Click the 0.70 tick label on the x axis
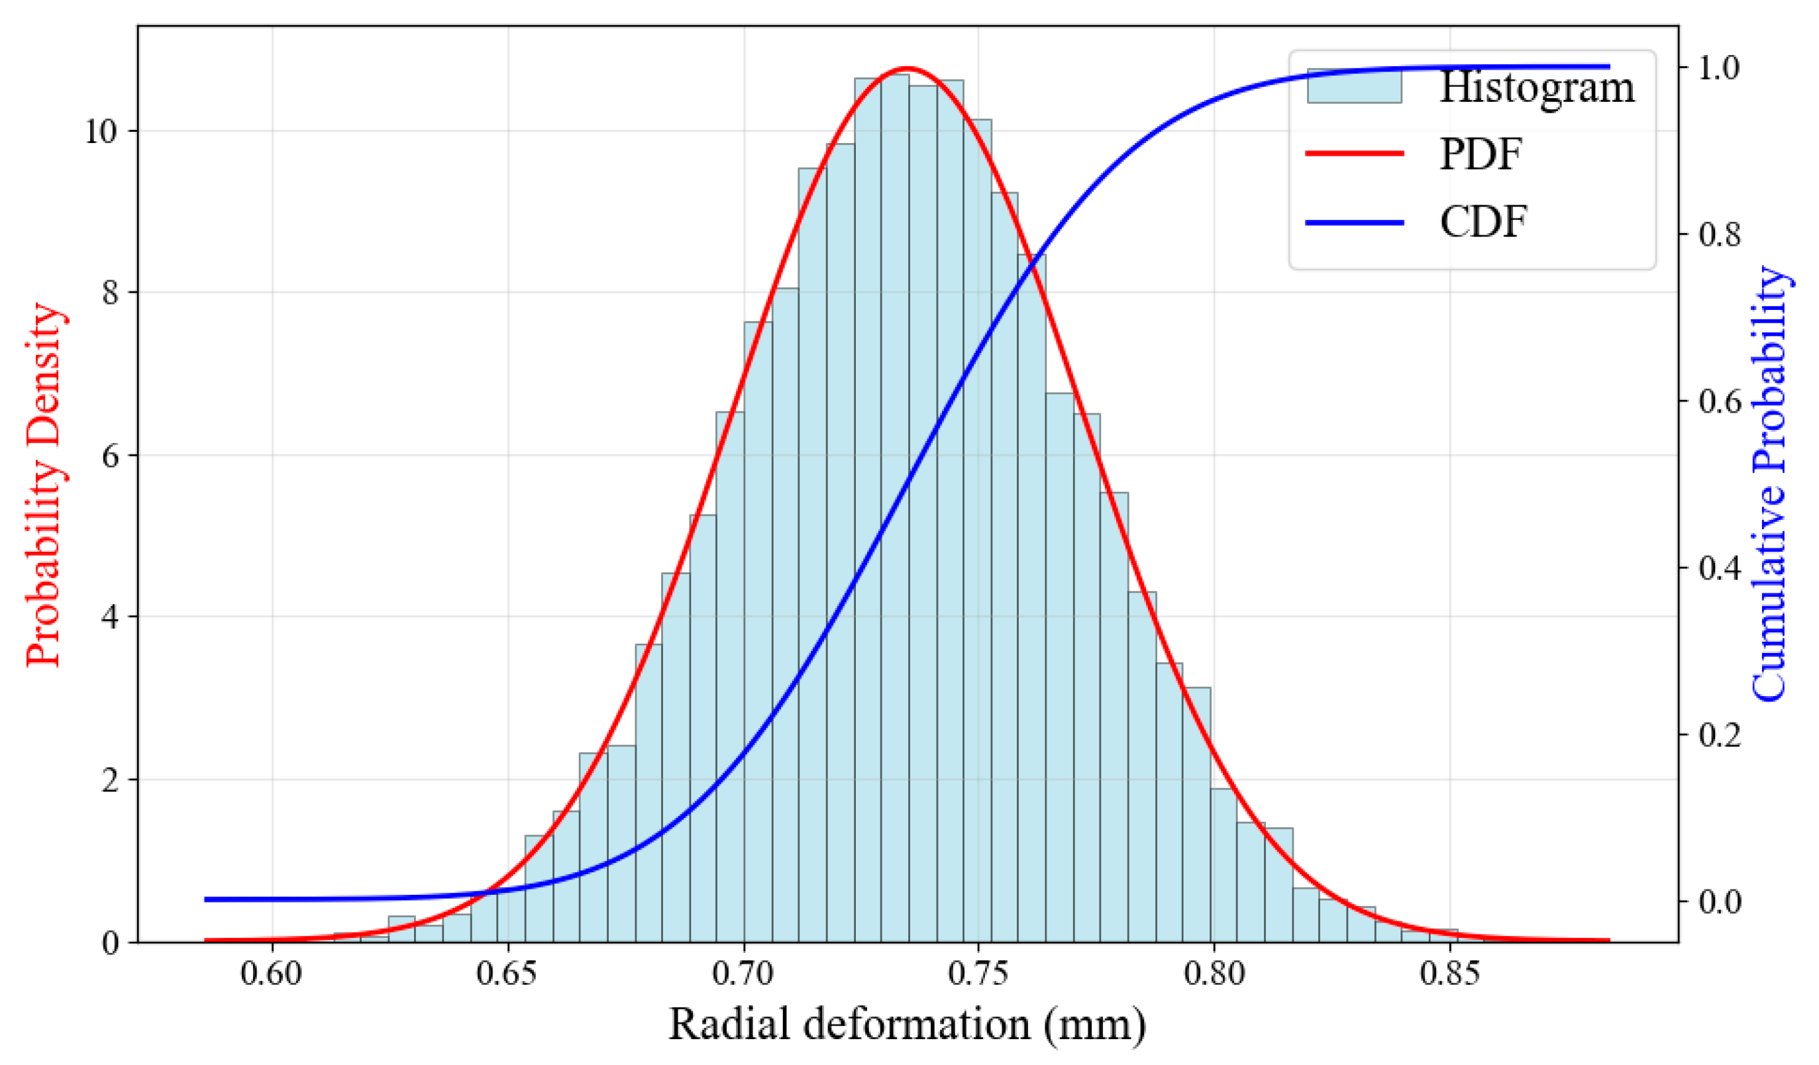[x=743, y=974]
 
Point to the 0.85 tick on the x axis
[x=1449, y=974]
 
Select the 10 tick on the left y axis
[x=101, y=132]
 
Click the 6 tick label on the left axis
[x=110, y=456]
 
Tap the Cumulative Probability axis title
[x=1770, y=483]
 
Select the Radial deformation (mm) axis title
[x=907, y=1025]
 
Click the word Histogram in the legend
[x=1537, y=87]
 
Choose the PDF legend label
[x=1481, y=154]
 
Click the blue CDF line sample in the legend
[x=1354, y=223]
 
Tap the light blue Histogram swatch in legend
[x=1354, y=87]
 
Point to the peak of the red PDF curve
[x=908, y=68]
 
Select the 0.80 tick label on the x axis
[x=1214, y=974]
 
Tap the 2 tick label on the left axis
[x=110, y=781]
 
